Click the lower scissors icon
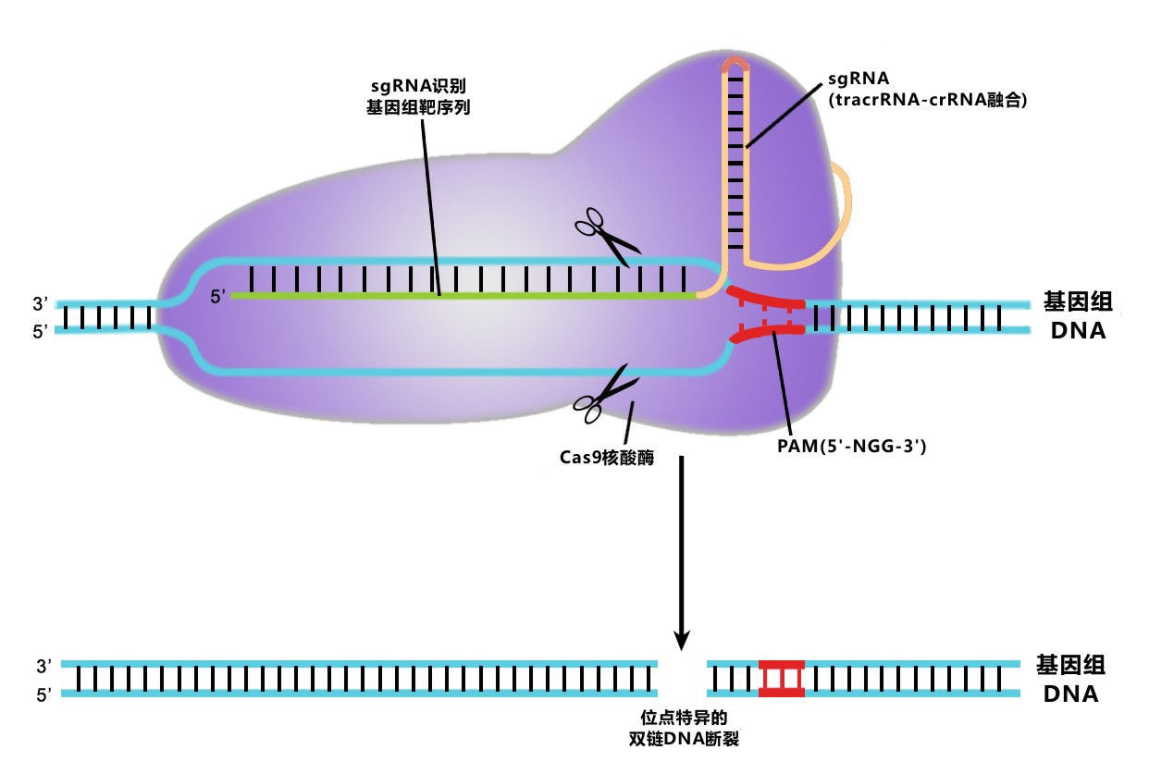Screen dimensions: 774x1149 (x=606, y=393)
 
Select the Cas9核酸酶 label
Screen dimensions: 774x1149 (x=607, y=456)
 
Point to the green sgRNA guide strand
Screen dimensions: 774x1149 (x=463, y=296)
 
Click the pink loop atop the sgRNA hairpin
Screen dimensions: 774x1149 (x=735, y=64)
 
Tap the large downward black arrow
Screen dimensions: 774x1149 (x=682, y=555)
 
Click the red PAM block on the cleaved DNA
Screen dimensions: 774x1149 (x=781, y=679)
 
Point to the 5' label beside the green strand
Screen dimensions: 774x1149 (x=218, y=297)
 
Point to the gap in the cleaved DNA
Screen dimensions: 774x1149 (x=682, y=679)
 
